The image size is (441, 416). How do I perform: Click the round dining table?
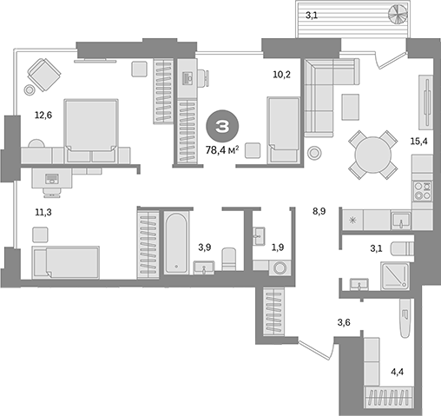point(373,155)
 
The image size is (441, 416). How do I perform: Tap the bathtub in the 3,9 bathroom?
point(176,242)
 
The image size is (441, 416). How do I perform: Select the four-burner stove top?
point(423,191)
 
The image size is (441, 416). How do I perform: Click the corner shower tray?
point(395,275)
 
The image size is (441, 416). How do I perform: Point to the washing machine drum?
point(280,267)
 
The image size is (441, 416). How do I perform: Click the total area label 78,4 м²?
point(222,150)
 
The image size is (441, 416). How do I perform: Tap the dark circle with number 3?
point(222,126)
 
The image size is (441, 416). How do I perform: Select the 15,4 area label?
point(418,142)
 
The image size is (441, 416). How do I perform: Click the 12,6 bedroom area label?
point(43,116)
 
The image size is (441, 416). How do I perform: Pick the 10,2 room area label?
point(282,75)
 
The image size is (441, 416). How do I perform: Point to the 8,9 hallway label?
point(319,211)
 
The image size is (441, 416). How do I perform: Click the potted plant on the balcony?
point(398,15)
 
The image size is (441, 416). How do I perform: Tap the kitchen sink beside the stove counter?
point(401,220)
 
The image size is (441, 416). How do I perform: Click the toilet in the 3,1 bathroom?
point(403,248)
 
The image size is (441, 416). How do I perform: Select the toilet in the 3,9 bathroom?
point(229,259)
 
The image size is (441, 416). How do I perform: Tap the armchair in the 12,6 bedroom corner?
point(44,75)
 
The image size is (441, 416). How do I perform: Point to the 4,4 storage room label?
point(398,372)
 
